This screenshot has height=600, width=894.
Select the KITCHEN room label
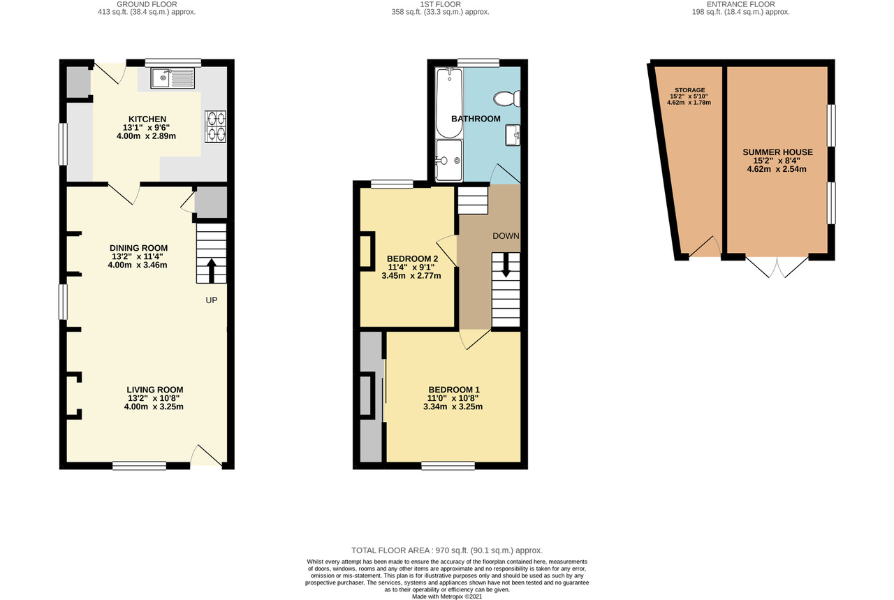(147, 119)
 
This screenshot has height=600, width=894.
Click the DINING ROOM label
(138, 248)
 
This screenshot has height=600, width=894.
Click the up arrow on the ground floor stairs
(212, 269)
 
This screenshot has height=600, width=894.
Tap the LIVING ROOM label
(155, 390)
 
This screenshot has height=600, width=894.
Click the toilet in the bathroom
(504, 98)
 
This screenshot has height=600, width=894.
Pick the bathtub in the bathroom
(445, 103)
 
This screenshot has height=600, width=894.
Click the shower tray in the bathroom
(447, 159)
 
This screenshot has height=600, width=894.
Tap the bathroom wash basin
(513, 134)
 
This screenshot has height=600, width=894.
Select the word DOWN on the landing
(506, 236)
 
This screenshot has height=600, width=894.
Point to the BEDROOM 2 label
(412, 258)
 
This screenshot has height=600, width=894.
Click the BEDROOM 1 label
(454, 390)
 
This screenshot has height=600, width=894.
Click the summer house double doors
(777, 266)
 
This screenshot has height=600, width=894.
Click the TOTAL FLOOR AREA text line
(447, 550)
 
